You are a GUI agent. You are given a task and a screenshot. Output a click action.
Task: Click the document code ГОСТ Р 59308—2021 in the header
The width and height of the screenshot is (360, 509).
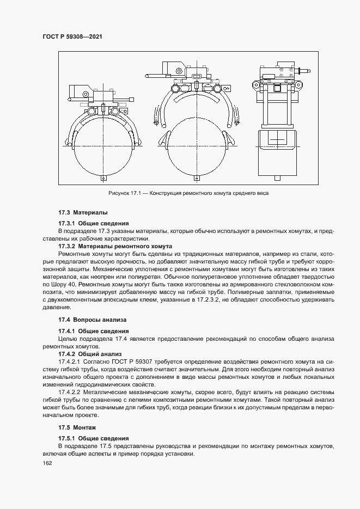point(72,36)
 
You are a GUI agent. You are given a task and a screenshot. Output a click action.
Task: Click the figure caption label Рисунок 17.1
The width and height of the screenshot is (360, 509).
point(127,193)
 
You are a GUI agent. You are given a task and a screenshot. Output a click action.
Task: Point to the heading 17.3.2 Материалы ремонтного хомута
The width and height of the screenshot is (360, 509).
point(115,246)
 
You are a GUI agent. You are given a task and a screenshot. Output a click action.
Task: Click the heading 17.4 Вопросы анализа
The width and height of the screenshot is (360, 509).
point(92,320)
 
